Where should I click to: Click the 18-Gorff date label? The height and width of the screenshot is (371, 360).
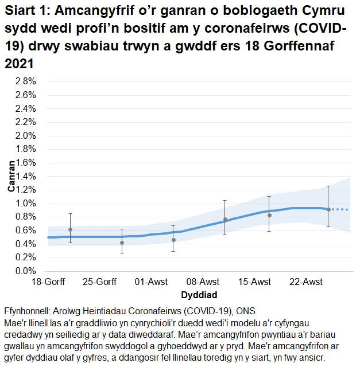point(48,282)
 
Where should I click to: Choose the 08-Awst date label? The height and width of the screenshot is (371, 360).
point(203,282)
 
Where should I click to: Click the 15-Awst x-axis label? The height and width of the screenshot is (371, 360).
point(255,282)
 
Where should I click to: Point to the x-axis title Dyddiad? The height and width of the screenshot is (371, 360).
point(199,295)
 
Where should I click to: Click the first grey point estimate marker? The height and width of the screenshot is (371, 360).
point(70,229)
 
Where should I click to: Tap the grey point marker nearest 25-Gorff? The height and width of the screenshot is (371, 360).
point(122,243)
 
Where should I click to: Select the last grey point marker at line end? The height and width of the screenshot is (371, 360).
point(328,209)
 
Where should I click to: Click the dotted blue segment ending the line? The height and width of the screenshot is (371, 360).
point(340,209)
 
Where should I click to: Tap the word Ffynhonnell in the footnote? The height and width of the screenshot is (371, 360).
point(26,311)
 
